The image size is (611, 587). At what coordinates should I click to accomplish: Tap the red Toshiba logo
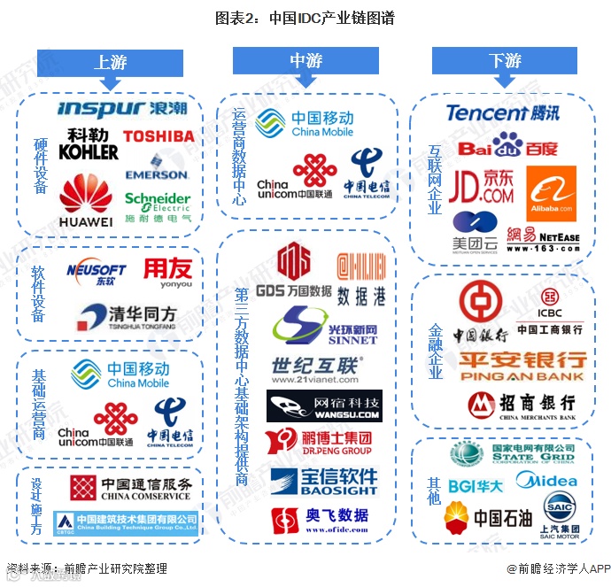coord(158,136)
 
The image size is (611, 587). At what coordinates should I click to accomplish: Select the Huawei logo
coord(86,202)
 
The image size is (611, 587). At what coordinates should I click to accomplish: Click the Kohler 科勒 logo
coord(89,144)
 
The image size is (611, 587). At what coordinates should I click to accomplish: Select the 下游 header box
coord(504,61)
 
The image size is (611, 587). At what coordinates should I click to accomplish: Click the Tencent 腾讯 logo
coord(502,112)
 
